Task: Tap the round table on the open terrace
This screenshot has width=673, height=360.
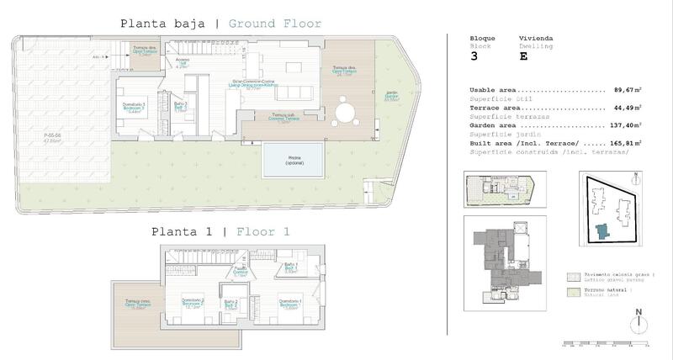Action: pos(345,111)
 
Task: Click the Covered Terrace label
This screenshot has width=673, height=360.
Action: pos(283,118)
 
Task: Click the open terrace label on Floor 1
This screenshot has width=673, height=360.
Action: pos(137,304)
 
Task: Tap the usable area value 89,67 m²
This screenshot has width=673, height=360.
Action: pos(626,89)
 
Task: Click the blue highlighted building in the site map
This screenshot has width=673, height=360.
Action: pos(600,230)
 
